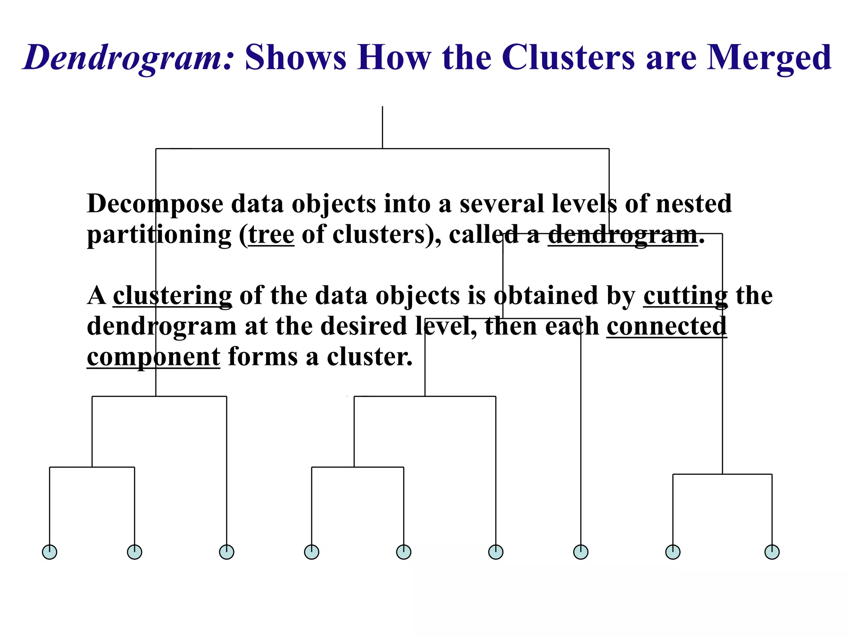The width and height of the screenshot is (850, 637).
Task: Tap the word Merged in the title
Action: [769, 58]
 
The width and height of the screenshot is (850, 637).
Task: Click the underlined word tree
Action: [271, 235]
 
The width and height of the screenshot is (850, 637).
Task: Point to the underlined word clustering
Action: [172, 296]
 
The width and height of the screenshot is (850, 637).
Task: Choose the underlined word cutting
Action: [685, 296]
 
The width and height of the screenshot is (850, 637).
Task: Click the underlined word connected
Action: [667, 326]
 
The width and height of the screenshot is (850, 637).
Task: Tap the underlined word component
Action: [153, 357]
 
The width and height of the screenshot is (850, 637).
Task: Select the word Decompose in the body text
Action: [155, 204]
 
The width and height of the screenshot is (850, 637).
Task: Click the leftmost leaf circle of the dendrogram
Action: [50, 552]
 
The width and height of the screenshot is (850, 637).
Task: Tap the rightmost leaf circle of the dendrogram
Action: [772, 552]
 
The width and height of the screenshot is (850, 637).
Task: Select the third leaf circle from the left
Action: [227, 552]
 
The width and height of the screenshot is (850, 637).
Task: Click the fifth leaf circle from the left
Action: [404, 552]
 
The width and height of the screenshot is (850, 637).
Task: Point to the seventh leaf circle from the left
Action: [581, 552]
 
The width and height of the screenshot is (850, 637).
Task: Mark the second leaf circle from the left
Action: [134, 552]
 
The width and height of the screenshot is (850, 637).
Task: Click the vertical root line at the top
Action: [382, 127]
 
